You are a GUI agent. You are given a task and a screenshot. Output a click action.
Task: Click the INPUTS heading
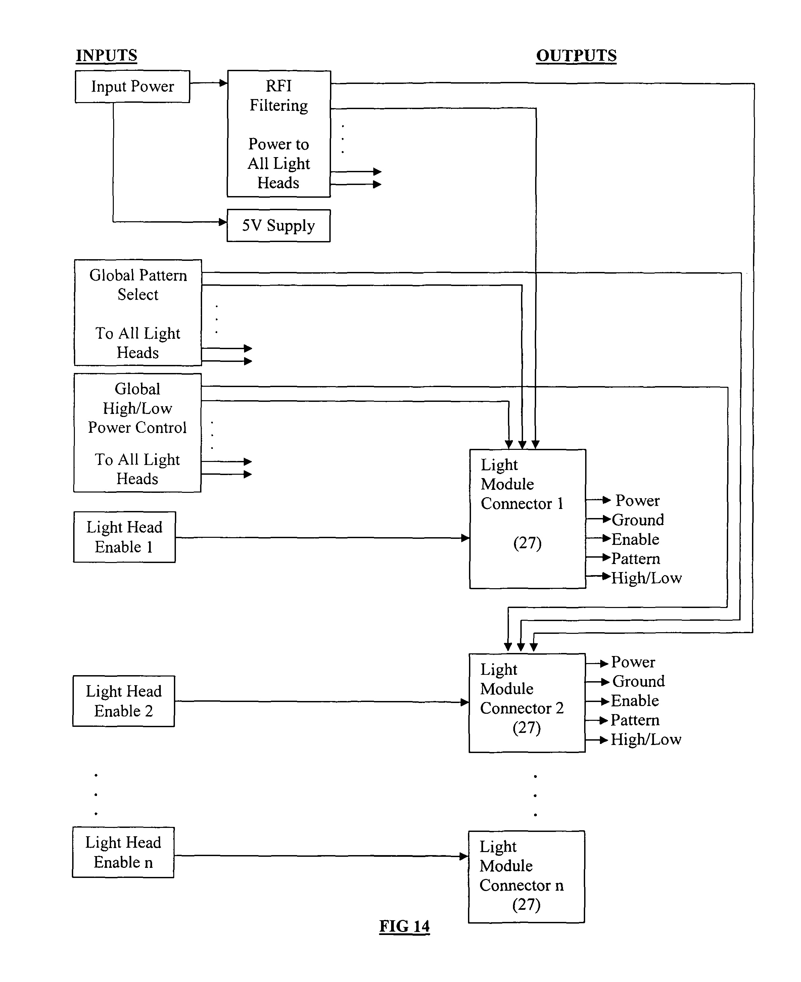tap(106, 55)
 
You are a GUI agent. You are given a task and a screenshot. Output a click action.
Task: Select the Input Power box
tap(132, 86)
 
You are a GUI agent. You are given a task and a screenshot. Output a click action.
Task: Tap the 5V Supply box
tap(278, 226)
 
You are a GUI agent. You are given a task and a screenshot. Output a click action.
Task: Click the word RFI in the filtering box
tap(279, 86)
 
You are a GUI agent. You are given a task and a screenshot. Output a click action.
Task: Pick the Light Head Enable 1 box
tap(124, 537)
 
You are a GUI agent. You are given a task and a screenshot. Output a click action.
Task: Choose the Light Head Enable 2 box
tap(124, 701)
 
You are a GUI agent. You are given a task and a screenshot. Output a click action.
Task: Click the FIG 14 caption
tap(404, 926)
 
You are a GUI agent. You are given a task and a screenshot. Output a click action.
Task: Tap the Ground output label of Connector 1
tap(638, 520)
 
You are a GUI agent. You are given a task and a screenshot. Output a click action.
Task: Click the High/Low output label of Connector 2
tap(646, 739)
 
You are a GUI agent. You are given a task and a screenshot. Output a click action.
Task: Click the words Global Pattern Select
tap(138, 284)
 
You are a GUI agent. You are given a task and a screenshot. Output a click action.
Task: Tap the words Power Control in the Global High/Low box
tap(137, 427)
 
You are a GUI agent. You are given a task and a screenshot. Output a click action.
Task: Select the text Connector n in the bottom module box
tap(521, 885)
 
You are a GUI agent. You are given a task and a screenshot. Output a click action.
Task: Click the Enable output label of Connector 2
tap(634, 701)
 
